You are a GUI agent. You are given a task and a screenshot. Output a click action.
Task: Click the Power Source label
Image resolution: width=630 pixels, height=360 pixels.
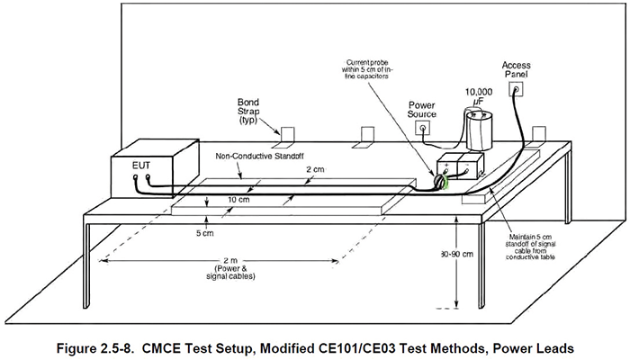(x=422, y=109)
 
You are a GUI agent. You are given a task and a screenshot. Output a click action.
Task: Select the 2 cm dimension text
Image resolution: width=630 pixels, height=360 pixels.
(x=314, y=168)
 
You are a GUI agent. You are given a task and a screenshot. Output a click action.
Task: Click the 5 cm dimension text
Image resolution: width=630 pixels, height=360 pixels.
(x=206, y=232)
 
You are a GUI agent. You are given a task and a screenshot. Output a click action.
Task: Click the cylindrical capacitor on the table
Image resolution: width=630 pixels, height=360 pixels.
(x=481, y=131)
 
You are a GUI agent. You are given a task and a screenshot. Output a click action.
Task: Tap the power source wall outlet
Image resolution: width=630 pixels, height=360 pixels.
(x=420, y=129)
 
